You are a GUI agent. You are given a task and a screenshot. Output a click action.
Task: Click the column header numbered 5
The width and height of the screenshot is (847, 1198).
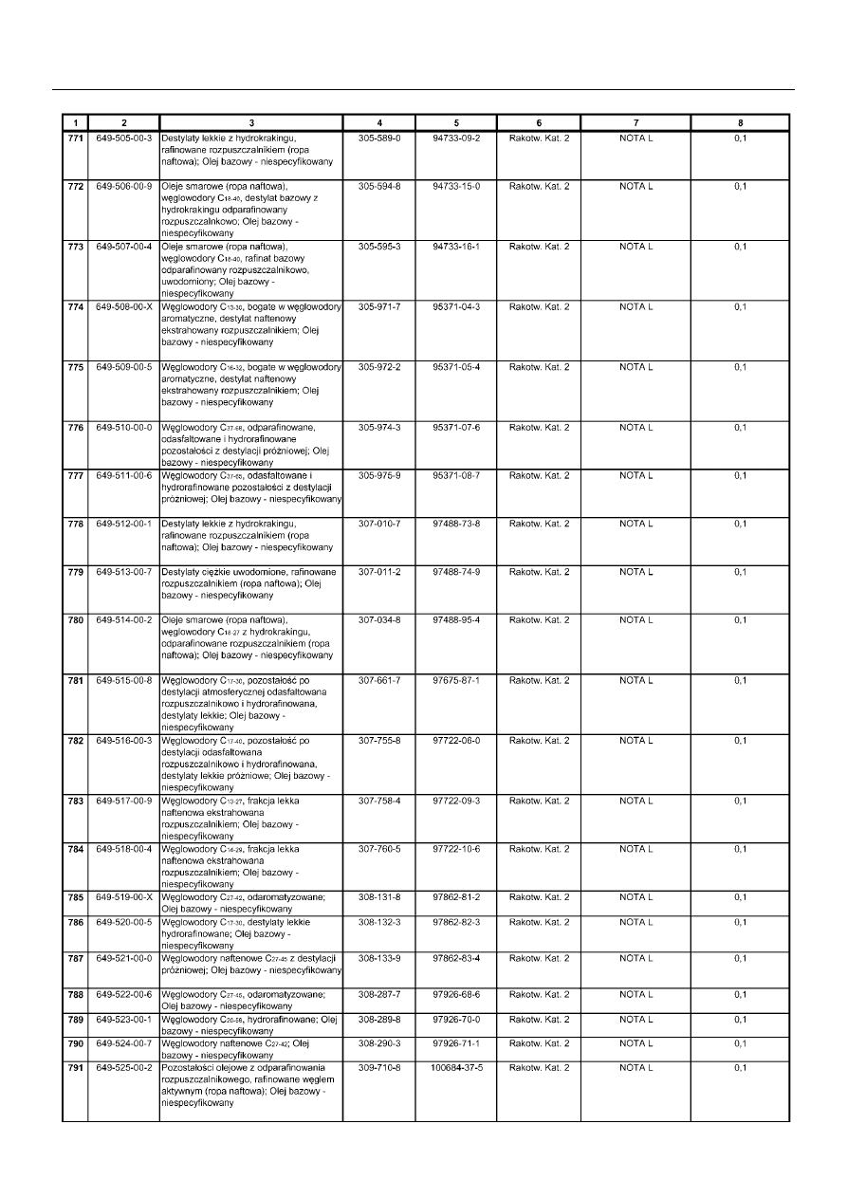456,122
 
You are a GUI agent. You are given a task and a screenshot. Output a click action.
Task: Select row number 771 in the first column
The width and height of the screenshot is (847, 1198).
75,138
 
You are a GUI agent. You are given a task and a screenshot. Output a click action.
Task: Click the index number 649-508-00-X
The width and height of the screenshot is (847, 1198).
123,307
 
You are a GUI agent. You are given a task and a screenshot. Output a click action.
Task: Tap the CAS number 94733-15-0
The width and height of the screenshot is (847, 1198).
456,187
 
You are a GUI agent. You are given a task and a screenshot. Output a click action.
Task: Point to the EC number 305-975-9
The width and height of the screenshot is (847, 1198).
379,475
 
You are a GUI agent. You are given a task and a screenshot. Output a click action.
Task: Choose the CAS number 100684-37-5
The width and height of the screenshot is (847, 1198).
456,1067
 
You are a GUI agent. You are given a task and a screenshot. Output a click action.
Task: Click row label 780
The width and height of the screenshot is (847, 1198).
75,620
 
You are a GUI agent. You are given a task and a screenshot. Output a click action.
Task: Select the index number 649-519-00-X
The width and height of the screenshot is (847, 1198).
123,896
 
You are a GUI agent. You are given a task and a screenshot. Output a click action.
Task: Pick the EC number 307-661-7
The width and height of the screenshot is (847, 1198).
379,680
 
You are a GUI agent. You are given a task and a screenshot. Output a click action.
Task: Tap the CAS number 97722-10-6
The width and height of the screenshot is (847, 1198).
456,849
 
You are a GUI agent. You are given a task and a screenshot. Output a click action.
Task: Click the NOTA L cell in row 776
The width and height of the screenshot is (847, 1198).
636,428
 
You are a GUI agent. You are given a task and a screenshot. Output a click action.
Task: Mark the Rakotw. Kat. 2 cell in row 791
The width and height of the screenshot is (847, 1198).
539,1067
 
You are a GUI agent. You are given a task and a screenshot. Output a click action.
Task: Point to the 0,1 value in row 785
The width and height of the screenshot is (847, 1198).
741,896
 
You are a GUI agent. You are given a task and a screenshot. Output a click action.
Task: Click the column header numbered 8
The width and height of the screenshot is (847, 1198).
741,122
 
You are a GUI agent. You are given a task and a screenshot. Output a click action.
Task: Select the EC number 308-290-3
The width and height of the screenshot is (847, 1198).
379,1043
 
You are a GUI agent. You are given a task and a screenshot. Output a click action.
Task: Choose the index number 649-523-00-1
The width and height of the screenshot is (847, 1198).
123,1020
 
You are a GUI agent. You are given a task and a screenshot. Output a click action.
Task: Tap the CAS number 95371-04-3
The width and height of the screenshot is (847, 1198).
456,307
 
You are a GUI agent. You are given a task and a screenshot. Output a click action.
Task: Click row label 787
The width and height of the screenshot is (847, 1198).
75,958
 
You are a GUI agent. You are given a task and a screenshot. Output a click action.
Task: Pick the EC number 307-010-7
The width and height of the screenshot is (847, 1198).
379,524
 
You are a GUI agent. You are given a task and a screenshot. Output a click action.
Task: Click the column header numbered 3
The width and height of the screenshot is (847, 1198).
251,122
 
